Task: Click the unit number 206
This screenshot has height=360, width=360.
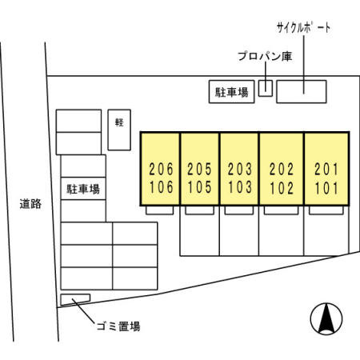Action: [x=161, y=169]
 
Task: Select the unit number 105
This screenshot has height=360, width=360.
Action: [x=199, y=187]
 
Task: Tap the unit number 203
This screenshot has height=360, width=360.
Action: [x=239, y=169]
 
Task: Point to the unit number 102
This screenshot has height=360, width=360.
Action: [x=282, y=188]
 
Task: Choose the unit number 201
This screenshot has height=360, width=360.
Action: [x=326, y=169]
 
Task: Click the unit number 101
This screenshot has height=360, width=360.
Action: [x=326, y=188]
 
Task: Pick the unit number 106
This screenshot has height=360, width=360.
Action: [x=161, y=187]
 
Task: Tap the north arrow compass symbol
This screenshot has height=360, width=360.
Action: [x=326, y=318]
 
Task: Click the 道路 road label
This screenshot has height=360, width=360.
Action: [x=30, y=204]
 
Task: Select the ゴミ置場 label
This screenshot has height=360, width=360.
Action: [x=118, y=326]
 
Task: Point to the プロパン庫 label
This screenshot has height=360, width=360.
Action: [x=265, y=56]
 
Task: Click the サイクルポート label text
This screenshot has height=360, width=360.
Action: [x=304, y=28]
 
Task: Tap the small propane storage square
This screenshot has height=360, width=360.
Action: [x=266, y=88]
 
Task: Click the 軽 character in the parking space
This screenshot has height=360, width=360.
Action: [x=119, y=122]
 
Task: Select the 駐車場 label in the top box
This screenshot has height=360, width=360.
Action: [x=232, y=92]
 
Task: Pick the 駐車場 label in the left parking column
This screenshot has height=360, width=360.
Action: [x=83, y=189]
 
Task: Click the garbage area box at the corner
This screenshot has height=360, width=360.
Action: [x=75, y=299]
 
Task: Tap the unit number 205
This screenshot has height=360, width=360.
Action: [x=199, y=169]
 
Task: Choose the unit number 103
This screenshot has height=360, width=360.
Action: [x=239, y=187]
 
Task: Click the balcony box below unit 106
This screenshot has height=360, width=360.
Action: [x=160, y=210]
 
